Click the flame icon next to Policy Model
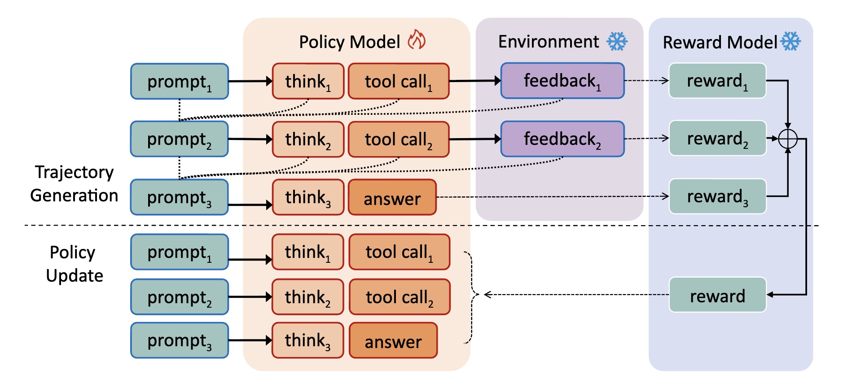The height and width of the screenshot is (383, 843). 417,40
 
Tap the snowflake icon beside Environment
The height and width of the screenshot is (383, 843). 617,41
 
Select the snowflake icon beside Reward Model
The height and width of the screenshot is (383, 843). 790,41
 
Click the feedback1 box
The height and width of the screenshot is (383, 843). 562,81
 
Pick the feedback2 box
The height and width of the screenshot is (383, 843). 562,139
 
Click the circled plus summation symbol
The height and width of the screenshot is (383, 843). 788,139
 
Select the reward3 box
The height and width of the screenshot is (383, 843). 717,196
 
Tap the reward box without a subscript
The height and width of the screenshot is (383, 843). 717,295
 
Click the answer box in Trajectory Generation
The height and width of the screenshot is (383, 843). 392,197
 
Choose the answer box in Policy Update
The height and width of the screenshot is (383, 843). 393,341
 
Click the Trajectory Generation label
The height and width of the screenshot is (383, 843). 74,184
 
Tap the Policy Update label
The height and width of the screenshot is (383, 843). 74,264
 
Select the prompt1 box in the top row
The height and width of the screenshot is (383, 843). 180,81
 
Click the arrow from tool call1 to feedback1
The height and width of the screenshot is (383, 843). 475,81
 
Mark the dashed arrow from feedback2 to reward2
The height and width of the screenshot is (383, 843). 646,139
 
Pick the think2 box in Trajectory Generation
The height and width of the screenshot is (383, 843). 308,139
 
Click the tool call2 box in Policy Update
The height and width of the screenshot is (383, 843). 399,297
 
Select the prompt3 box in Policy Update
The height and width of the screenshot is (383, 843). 180,340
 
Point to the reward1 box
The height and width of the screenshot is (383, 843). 717,81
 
